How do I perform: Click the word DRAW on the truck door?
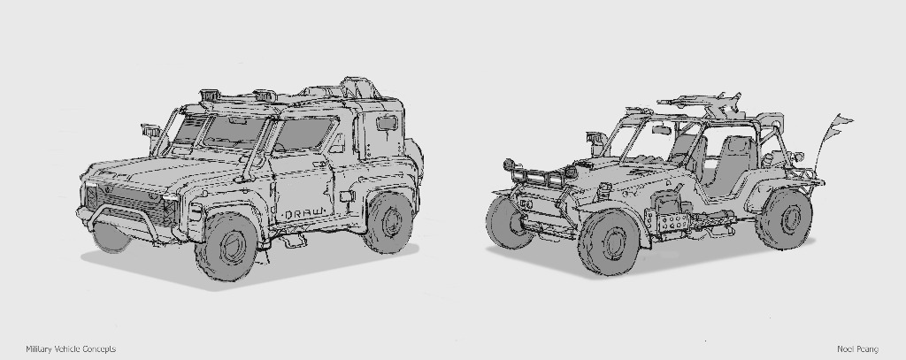[303, 214]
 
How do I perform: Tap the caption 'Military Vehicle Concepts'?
[71, 349]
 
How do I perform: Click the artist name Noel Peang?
[857, 349]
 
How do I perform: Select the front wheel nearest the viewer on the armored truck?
[226, 247]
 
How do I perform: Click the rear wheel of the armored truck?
[388, 223]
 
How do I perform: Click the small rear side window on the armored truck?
[387, 124]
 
